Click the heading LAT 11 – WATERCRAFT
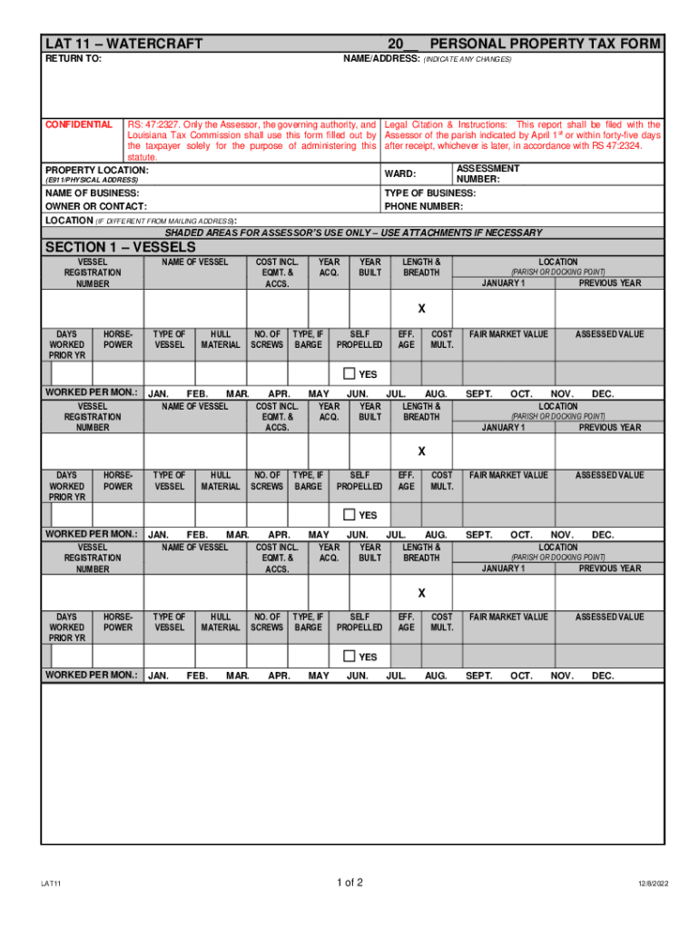123,44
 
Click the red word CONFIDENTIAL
79,124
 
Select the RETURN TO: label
74,59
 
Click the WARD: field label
400,173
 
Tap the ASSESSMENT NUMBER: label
487,173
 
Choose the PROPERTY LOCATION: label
97,170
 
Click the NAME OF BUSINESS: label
93,193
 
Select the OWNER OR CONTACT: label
96,206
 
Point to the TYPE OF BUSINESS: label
429,193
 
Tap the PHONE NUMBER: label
423,206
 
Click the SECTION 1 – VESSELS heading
120,247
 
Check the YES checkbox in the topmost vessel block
349,374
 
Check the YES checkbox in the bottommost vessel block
349,657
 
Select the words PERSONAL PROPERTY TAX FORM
545,44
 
